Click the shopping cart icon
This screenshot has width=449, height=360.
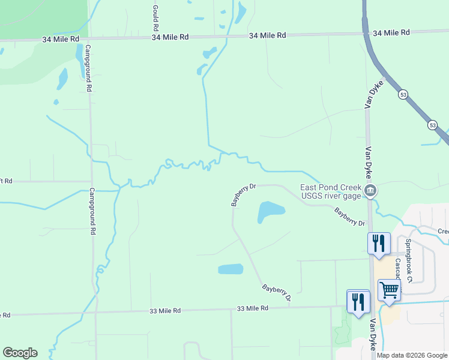pyautogui.click(x=389, y=290)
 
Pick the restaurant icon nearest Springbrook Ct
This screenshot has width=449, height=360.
pyautogui.click(x=379, y=243)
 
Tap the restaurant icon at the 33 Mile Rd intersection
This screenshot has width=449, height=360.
pyautogui.click(x=358, y=301)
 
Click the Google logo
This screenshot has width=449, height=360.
pyautogui.click(x=20, y=353)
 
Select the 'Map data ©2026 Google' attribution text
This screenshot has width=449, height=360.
pyautogui.click(x=412, y=355)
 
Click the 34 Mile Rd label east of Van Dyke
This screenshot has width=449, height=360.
pyautogui.click(x=391, y=32)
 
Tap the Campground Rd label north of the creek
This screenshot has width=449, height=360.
pyautogui.click(x=88, y=67)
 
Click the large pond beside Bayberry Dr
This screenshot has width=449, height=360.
pyautogui.click(x=271, y=211)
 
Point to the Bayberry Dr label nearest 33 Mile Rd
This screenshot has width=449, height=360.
pyautogui.click(x=276, y=293)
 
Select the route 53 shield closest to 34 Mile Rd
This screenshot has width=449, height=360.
pyautogui.click(x=403, y=95)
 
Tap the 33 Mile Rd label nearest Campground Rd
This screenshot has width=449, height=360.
pyautogui.click(x=165, y=311)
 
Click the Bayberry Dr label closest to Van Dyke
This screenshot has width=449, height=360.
pyautogui.click(x=350, y=217)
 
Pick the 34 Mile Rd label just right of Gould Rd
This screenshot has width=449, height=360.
pyautogui.click(x=170, y=37)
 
